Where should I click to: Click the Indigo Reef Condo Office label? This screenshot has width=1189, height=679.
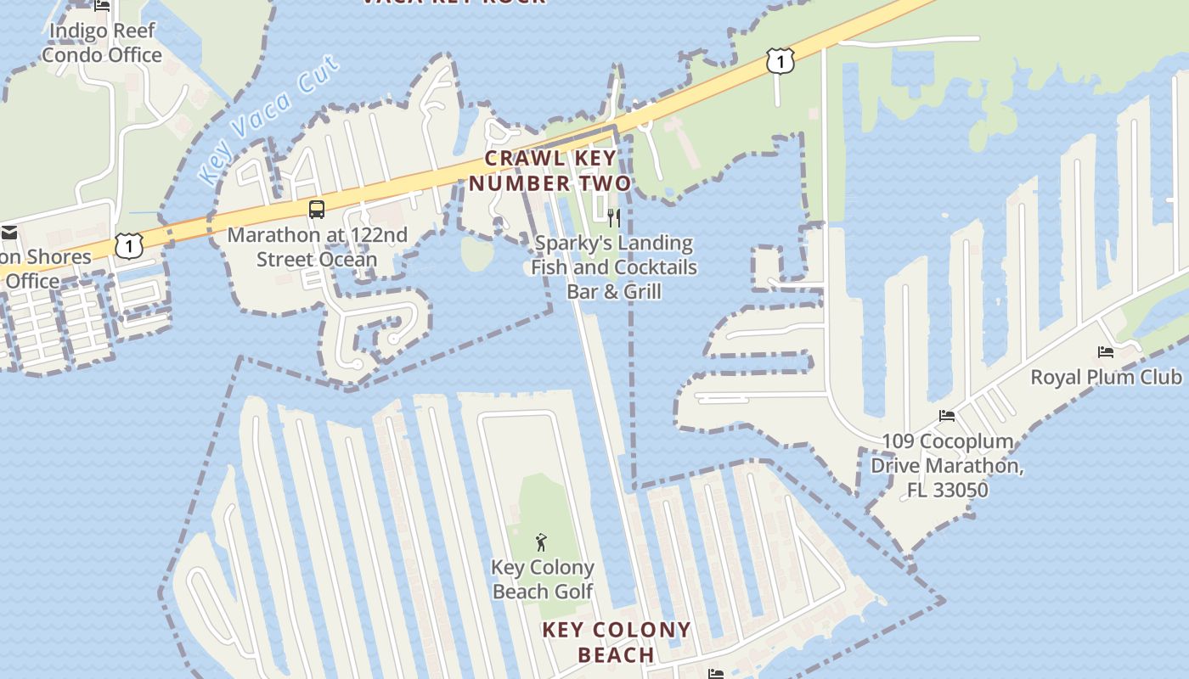(x=102, y=43)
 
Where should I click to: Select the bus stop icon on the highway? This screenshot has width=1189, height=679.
(x=317, y=209)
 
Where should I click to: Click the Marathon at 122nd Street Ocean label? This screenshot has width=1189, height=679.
(x=317, y=247)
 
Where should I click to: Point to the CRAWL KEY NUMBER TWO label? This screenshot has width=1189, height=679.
(x=550, y=171)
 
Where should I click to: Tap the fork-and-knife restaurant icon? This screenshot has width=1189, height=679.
(x=615, y=218)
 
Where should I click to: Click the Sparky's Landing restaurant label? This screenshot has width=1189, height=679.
(x=613, y=267)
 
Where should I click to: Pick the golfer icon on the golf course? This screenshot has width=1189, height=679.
(x=541, y=542)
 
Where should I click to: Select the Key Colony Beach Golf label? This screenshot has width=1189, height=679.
(x=543, y=580)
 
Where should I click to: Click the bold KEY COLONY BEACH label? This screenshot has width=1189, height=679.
(x=617, y=643)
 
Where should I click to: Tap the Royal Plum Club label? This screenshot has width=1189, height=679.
(x=1106, y=377)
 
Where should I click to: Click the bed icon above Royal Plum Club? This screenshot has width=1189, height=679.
(x=1106, y=351)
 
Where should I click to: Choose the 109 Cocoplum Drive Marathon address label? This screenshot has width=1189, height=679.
(x=947, y=465)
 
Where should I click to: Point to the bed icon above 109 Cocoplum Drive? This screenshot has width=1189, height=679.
(x=947, y=416)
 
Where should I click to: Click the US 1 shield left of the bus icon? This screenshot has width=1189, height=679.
(x=128, y=246)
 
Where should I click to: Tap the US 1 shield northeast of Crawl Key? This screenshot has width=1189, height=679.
(x=780, y=61)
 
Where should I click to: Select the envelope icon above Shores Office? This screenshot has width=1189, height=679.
(x=9, y=233)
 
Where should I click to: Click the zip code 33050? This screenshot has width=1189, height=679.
(x=960, y=491)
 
